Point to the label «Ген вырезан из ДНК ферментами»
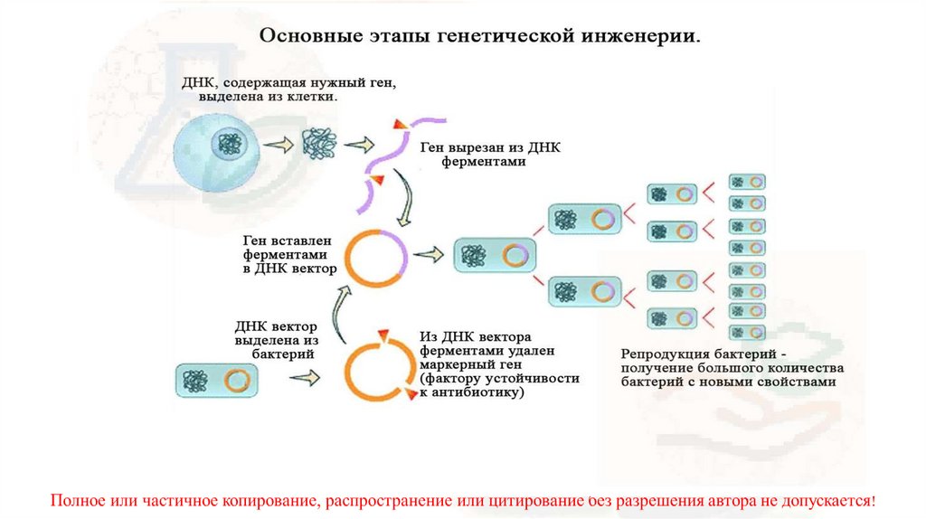(x=484, y=155)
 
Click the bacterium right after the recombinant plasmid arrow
(x=493, y=256)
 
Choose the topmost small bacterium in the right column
(x=748, y=182)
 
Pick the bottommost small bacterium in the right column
(x=748, y=333)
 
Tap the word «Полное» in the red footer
(x=76, y=500)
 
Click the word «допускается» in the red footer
(x=827, y=500)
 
